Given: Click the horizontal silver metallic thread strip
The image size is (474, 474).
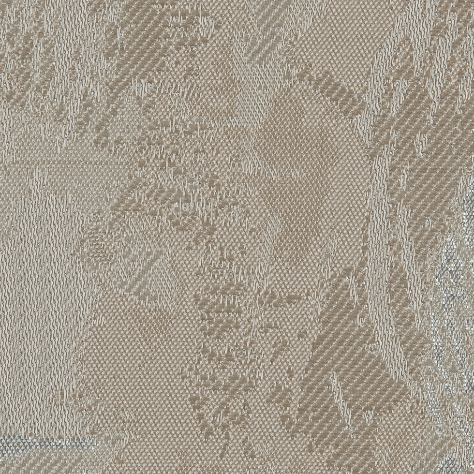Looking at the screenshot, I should tap(44, 443).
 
